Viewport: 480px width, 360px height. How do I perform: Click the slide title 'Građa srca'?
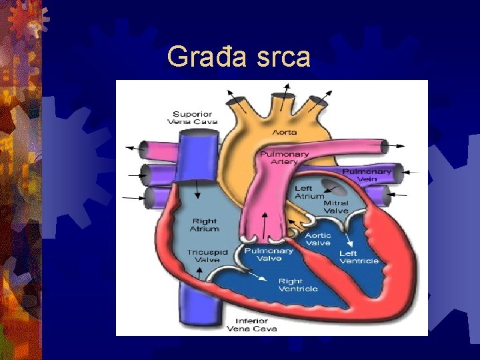[239, 57]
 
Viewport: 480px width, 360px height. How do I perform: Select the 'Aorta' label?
[285, 132]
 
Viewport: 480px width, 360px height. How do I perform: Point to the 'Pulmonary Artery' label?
[285, 158]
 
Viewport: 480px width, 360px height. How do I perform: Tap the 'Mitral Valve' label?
[336, 207]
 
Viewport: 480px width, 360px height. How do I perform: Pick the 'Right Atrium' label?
[205, 225]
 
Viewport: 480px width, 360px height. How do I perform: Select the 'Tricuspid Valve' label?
[207, 256]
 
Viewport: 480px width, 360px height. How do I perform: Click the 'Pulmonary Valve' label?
[268, 255]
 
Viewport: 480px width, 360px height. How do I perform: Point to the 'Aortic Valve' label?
[318, 239]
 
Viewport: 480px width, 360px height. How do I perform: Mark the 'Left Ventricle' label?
[359, 257]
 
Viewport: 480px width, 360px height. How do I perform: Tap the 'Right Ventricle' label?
[298, 285]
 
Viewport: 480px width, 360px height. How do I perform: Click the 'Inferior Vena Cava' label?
[251, 325]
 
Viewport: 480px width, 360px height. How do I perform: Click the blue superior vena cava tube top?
[199, 139]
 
